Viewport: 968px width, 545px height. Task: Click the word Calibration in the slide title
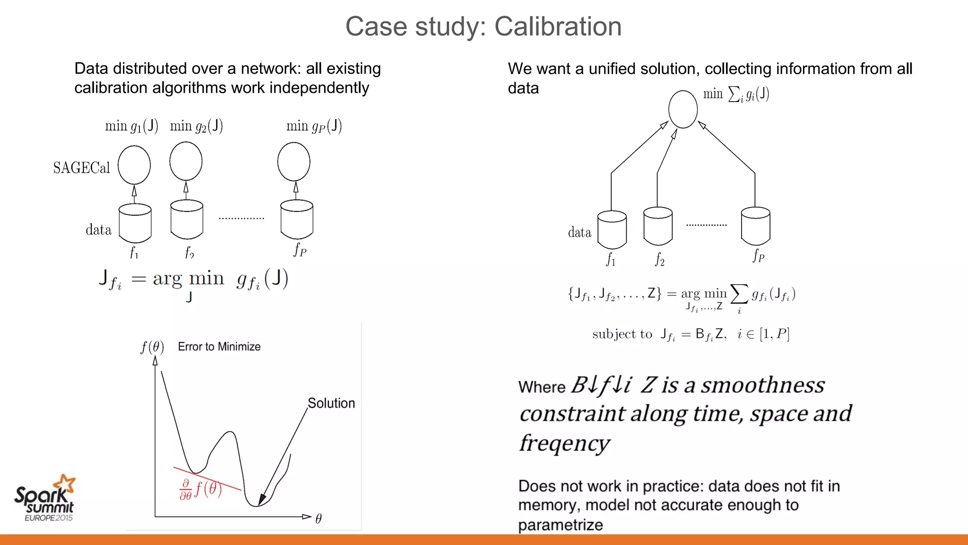point(558,26)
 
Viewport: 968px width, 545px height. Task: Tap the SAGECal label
point(81,167)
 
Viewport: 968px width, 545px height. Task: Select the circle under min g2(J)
point(186,162)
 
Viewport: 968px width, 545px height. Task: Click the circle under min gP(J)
point(294,162)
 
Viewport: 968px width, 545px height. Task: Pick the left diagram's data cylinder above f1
point(135,222)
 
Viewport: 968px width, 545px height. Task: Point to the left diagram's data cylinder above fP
point(297,219)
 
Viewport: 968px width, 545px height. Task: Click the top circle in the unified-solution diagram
point(683,109)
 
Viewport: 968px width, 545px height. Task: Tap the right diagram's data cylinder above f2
point(658,226)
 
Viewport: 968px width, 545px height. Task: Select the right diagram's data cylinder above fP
point(755,226)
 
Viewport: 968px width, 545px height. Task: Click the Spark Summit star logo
point(65,484)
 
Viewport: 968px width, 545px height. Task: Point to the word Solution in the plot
point(331,403)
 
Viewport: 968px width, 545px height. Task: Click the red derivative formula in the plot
point(200,489)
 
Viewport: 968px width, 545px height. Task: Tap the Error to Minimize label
point(219,347)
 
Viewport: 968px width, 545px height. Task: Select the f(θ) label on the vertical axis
point(152,347)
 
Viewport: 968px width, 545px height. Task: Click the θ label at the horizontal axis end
point(319,519)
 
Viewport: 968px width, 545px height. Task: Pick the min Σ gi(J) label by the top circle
point(735,94)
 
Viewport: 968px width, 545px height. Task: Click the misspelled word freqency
point(564,443)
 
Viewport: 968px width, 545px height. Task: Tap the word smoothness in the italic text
point(762,385)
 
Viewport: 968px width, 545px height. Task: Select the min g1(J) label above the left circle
point(131,126)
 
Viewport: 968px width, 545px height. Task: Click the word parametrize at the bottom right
point(560,525)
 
